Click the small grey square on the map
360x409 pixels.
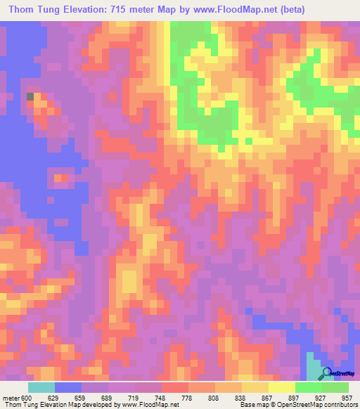click(30, 96)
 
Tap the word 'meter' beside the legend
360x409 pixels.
click(11, 397)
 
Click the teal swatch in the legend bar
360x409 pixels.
click(41, 387)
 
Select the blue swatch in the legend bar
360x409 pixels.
click(68, 387)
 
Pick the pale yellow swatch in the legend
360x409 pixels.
click(282, 387)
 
